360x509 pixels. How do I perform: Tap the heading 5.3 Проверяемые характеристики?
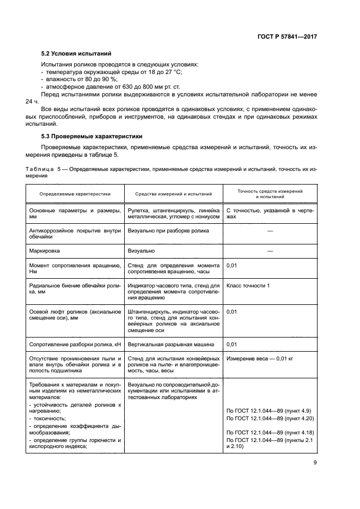click(x=91, y=136)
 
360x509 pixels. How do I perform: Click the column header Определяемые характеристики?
click(x=75, y=193)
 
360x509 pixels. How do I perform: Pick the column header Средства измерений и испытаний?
click(x=173, y=193)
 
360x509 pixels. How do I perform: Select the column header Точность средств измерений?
click(x=270, y=193)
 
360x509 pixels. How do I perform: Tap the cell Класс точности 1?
click(x=248, y=285)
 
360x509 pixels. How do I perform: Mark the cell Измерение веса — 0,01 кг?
click(x=261, y=359)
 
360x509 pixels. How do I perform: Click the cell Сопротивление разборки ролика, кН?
click(x=75, y=345)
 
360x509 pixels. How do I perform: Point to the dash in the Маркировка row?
click(x=270, y=251)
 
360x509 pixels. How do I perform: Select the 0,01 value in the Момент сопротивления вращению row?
click(x=231, y=265)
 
